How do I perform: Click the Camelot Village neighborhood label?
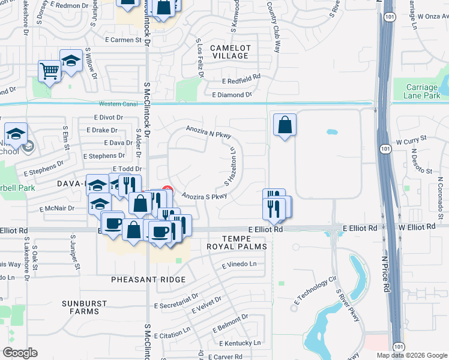[229, 51]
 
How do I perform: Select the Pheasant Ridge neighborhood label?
[148, 280]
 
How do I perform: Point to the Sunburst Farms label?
[80, 307]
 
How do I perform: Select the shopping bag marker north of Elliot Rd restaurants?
[285, 125]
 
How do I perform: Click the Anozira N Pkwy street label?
[208, 133]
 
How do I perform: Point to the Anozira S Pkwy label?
[204, 196]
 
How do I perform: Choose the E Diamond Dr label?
[232, 95]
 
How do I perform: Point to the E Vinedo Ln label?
[239, 264]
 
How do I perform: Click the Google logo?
[20, 353]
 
